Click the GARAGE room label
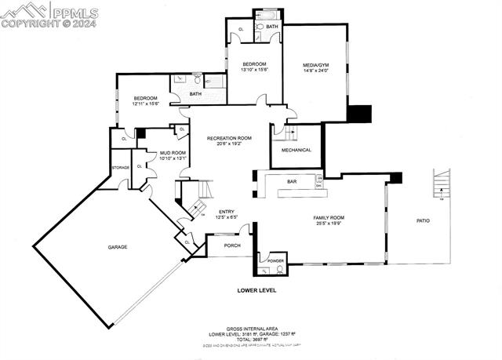coord(118,247)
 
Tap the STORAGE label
coord(120,167)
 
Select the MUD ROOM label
coord(173,153)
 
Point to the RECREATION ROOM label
coord(229,138)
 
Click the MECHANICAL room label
coord(296,150)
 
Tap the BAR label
coord(292,182)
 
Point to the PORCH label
coord(232,245)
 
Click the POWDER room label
coord(275,260)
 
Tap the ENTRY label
coord(227,212)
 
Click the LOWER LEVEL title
coord(256,290)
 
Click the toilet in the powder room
coord(279,270)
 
